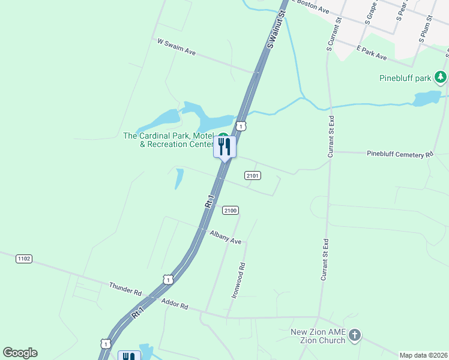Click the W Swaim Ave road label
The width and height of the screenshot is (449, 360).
click(176, 47)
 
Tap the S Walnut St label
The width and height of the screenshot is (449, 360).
click(277, 25)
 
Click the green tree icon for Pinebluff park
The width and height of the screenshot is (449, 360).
click(441, 77)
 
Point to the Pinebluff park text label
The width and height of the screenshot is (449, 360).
click(406, 78)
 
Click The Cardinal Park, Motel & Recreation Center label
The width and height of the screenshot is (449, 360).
click(169, 140)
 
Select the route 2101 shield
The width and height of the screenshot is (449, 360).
click(252, 175)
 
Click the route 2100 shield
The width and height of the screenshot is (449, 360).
click(231, 210)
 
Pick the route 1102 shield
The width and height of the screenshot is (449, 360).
click(23, 259)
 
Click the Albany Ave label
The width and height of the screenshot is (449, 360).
click(225, 237)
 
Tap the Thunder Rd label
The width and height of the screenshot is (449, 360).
click(125, 289)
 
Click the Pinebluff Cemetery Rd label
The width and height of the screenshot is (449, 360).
click(400, 154)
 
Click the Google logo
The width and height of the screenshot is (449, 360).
click(20, 353)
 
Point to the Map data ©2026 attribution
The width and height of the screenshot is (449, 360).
click(424, 355)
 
